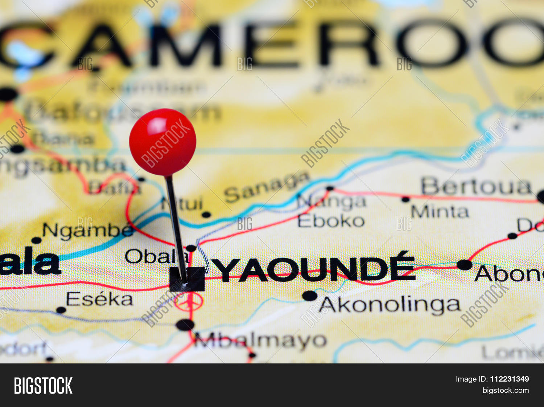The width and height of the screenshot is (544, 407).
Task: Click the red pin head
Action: [x=162, y=142]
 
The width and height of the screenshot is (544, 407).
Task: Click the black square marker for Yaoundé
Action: [x=187, y=279]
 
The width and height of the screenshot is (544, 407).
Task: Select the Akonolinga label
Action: [x=390, y=305]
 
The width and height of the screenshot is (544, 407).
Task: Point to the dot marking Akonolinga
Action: [x=310, y=296]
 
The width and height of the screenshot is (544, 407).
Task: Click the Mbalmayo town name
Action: [x=260, y=341]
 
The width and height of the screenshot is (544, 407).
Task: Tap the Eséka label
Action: [x=99, y=300]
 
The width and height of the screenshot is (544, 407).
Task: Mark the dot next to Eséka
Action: [x=61, y=310]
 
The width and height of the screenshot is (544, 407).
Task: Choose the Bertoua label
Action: [x=476, y=187]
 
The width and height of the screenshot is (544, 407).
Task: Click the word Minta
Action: [x=440, y=211]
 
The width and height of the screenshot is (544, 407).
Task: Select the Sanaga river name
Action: [x=267, y=187]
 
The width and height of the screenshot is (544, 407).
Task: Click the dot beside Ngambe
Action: [x=36, y=240]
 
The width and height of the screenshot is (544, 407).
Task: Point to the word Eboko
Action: [x=331, y=221]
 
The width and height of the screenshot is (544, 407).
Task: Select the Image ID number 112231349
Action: [x=509, y=379]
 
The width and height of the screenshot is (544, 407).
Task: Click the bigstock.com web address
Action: [x=505, y=391]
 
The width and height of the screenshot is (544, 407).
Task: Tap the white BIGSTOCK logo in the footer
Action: [x=43, y=385]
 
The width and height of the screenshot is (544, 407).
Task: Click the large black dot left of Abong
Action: [x=464, y=265]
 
